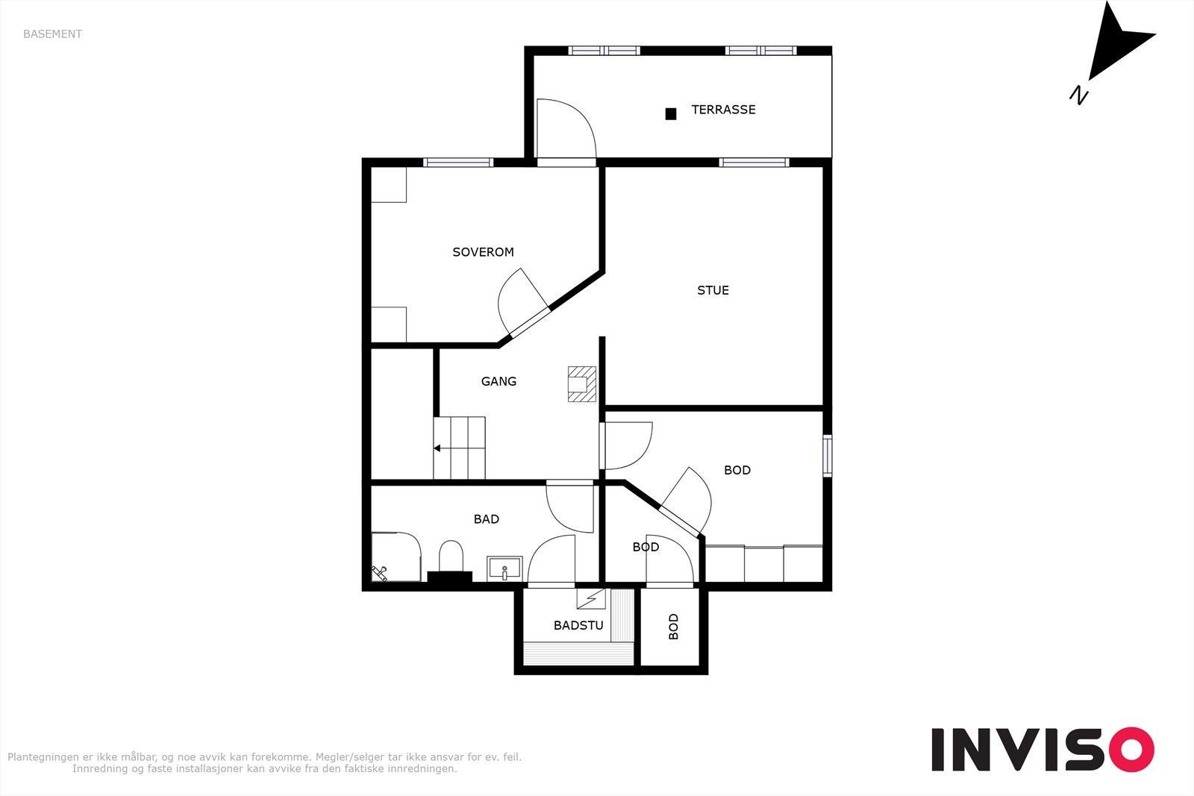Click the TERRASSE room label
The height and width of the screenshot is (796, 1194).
coord(723,110)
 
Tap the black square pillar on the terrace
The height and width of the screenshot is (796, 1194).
coord(671,113)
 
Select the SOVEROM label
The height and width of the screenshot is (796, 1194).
coord(483,252)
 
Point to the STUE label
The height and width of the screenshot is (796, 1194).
coord(713,290)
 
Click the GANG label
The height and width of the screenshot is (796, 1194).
coord(498,381)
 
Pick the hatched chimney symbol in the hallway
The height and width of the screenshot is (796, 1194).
coord(581,383)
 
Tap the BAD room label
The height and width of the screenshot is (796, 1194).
coord(486,519)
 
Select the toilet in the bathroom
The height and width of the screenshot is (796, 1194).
coord(451,556)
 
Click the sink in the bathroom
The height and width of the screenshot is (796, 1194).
coord(504,568)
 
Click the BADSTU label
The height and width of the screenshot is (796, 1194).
coord(578,625)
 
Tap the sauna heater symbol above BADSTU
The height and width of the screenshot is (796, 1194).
coord(591,598)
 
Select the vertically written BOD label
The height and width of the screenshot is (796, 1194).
coord(674,627)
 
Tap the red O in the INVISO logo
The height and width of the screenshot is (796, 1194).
coord(1131,750)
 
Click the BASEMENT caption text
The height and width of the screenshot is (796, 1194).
coord(52,34)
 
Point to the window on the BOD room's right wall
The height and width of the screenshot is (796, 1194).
coord(828,456)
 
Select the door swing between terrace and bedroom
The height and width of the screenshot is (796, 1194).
coord(566,129)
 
